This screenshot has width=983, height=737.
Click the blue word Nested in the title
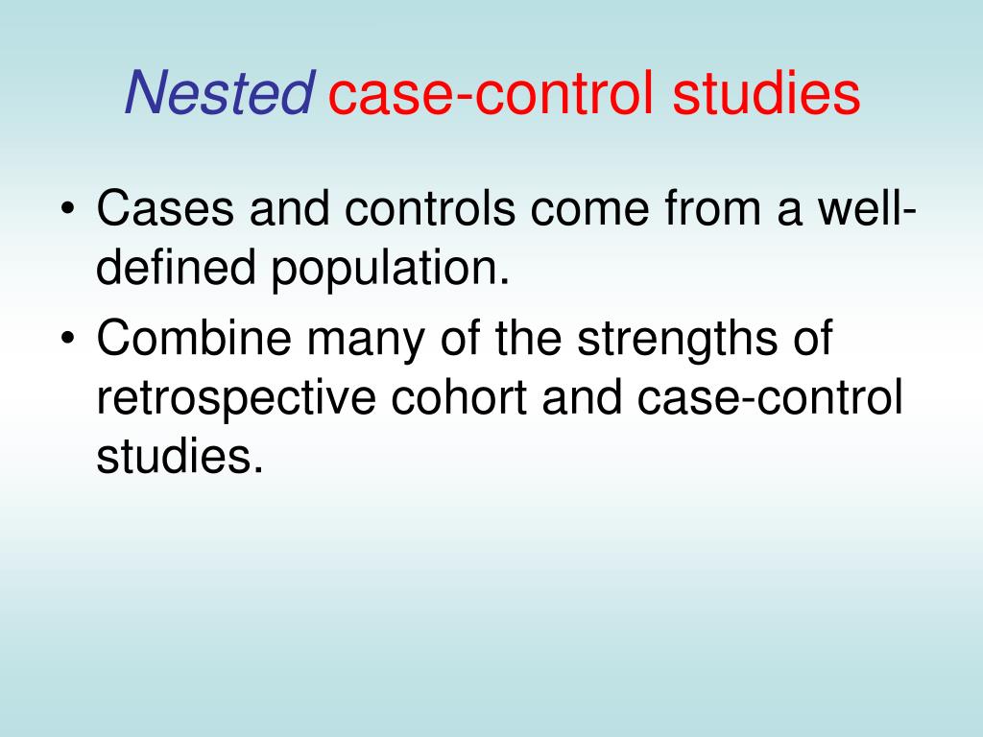coord(218,94)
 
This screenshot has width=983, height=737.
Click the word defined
coord(176,272)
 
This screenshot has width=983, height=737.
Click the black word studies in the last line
coord(179,457)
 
